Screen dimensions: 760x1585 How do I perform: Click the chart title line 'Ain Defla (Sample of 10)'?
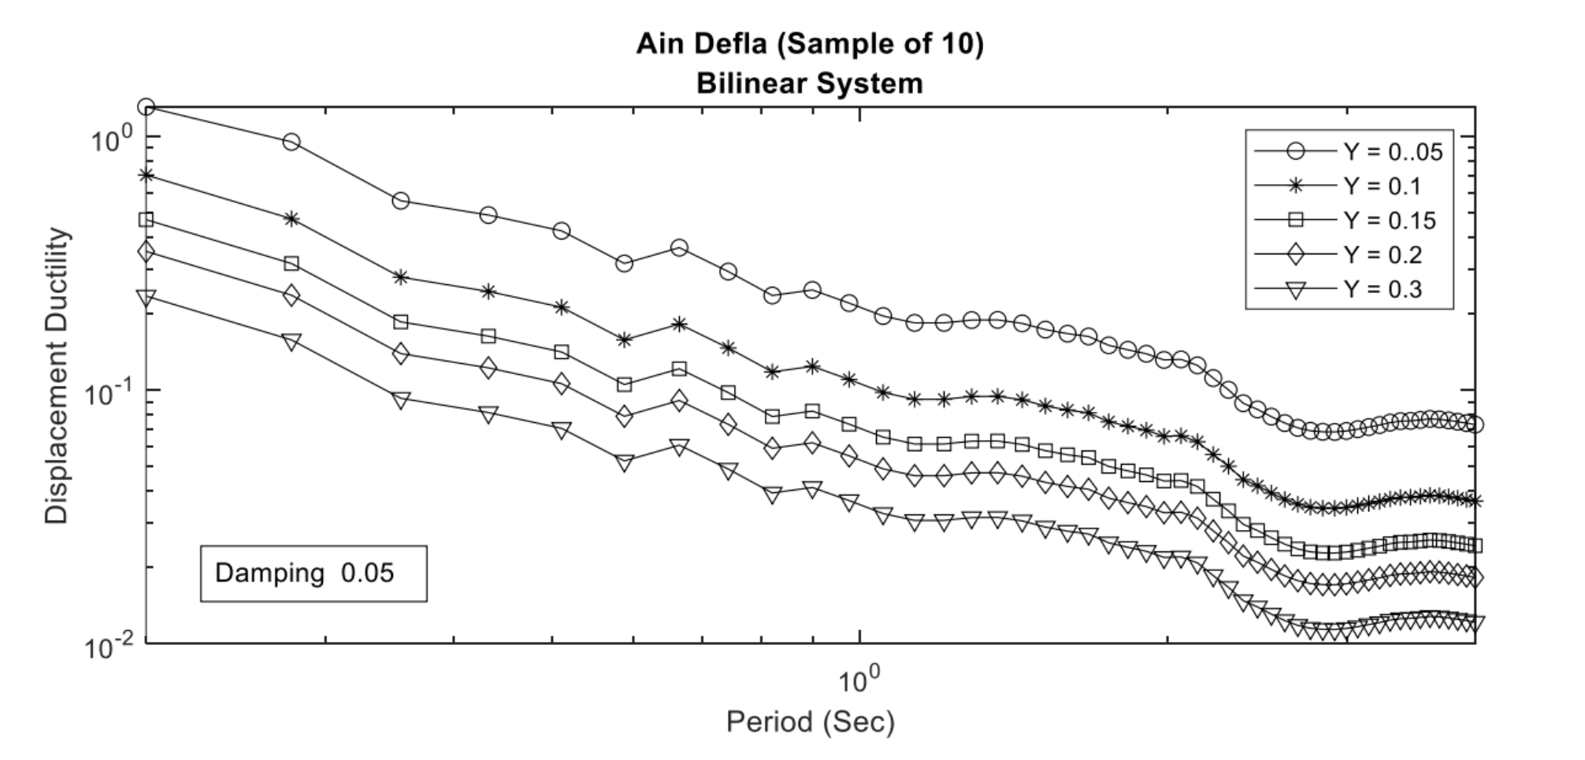coord(810,44)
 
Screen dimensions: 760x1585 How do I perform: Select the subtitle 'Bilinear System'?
coord(810,83)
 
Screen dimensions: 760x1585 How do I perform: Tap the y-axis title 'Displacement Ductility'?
coord(57,376)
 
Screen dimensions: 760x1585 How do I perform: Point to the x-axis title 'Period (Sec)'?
coord(810,721)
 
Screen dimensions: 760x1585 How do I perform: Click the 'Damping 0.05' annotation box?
coord(314,573)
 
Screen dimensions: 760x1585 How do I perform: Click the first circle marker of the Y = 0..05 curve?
coord(146,107)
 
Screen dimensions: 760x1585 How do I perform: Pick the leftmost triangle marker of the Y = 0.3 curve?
coord(146,297)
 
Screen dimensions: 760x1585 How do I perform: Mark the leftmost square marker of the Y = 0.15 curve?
coord(146,220)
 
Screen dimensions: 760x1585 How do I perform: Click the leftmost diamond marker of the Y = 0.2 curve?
coord(146,252)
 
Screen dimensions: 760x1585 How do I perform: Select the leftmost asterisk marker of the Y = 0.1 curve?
coord(146,175)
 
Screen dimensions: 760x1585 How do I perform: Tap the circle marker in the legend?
coord(1295,151)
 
